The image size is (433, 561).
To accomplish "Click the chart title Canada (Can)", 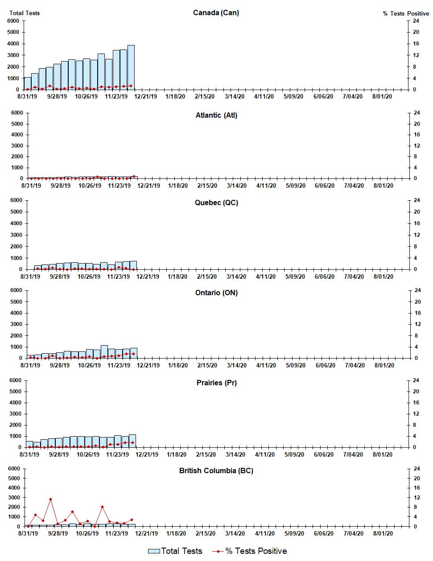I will [216, 12].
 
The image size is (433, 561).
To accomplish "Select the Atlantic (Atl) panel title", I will [216, 115].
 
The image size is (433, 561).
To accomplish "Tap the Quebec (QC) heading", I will [216, 202].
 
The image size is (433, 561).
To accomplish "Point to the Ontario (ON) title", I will [216, 293].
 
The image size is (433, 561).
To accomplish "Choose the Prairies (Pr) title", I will [216, 383].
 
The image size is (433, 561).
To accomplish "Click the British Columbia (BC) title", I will [216, 470].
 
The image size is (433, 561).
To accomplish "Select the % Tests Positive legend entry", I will [250, 551].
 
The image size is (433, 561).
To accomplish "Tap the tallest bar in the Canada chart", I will [131, 67].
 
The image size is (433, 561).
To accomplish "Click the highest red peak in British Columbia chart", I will [50, 499].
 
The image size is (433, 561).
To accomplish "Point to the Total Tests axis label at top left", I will [25, 13].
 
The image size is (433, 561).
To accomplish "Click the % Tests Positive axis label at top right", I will [406, 13].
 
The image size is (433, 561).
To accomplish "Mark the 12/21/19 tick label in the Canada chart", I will [146, 96].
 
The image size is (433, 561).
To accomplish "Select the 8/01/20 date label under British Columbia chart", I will [382, 533].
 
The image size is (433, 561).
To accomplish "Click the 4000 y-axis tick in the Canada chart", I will [13, 44].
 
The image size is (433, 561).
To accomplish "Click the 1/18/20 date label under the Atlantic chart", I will [178, 186].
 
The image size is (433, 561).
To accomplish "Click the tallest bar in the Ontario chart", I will [104, 351].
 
